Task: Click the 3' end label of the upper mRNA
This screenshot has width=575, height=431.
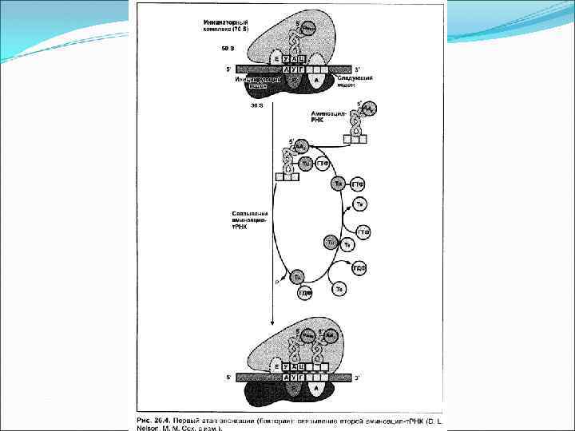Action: (x=358, y=69)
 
